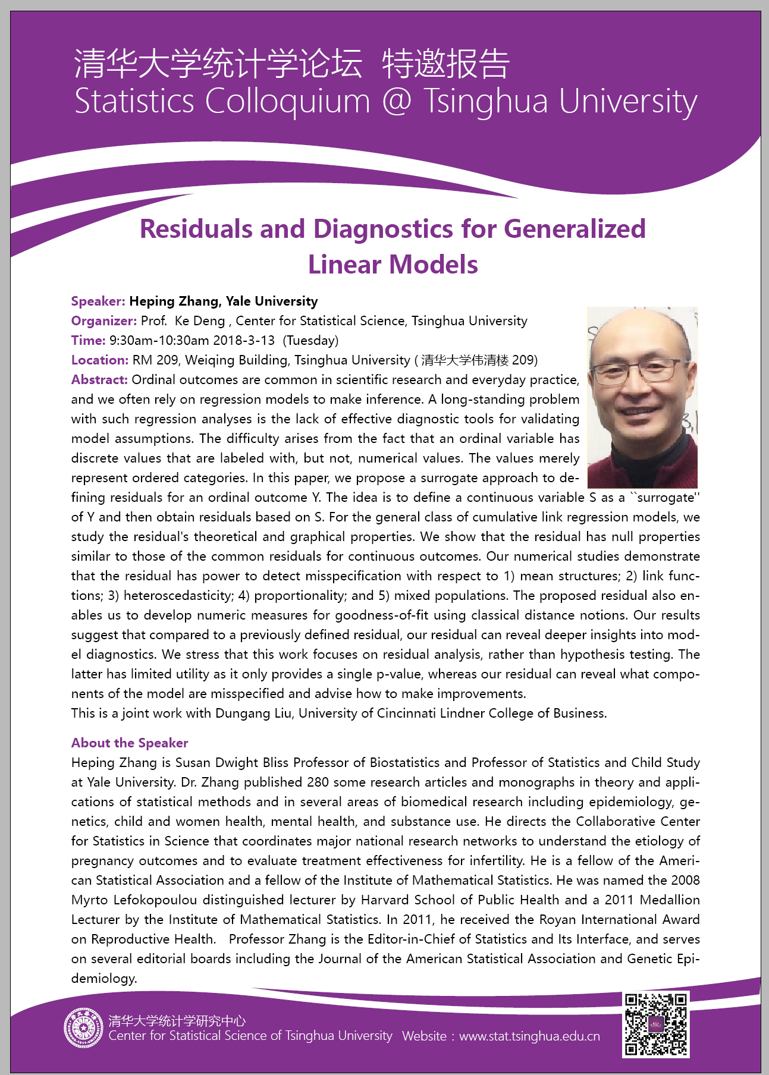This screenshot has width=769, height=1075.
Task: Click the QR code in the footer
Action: point(656,1024)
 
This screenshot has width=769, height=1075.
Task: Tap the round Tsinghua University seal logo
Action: point(84,1027)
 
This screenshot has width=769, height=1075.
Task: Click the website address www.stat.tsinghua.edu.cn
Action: point(529,1036)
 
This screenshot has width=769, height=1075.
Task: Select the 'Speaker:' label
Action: point(98,301)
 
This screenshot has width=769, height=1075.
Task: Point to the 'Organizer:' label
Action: point(104,321)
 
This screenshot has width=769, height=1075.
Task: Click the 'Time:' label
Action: point(88,341)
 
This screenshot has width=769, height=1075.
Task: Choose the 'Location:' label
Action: point(99,360)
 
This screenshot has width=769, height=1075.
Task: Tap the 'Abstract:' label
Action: point(99,380)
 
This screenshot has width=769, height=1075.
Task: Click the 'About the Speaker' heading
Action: point(130,743)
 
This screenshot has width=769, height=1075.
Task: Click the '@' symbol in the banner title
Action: point(397,101)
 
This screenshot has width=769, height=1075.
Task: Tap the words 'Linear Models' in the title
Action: point(393,265)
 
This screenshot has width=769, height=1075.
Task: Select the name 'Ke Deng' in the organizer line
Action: point(200,321)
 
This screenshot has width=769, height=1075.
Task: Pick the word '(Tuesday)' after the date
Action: point(310,341)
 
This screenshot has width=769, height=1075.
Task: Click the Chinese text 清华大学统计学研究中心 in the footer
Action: point(177,1021)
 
